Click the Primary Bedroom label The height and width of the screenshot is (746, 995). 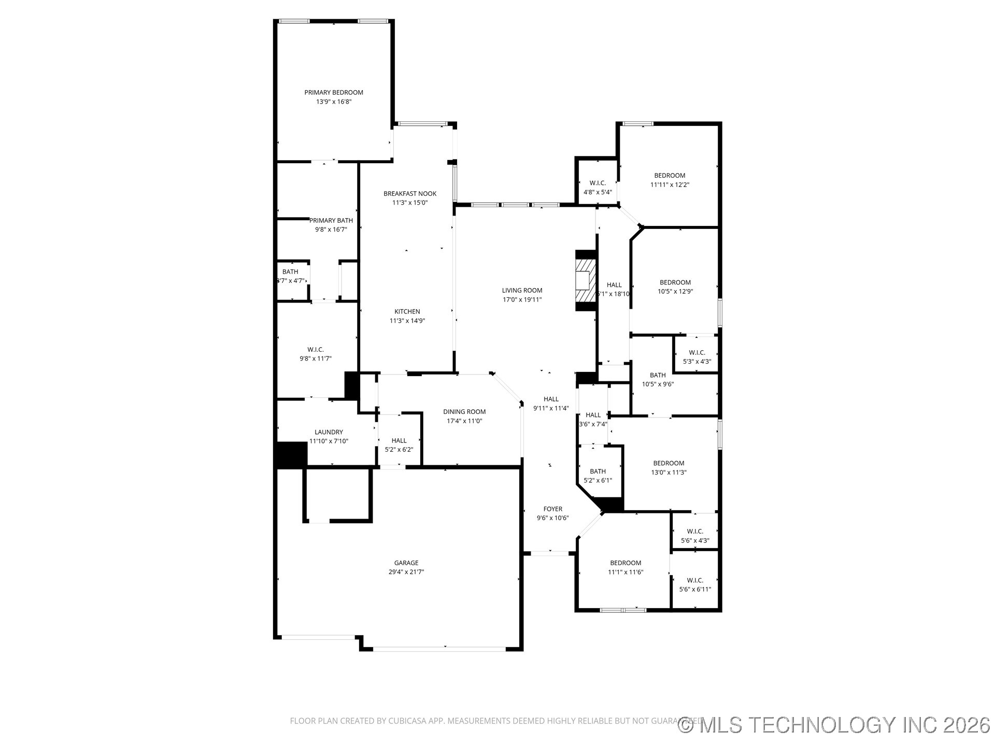334,93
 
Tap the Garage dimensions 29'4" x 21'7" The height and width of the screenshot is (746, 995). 406,572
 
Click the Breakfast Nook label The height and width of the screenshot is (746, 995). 410,194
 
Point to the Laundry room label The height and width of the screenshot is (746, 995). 329,432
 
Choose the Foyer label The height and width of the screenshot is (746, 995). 552,509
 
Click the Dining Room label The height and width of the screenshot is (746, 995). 464,412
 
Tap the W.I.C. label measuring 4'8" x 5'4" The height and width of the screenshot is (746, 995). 598,188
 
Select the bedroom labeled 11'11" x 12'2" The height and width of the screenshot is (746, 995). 670,180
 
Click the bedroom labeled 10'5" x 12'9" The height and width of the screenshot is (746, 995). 675,286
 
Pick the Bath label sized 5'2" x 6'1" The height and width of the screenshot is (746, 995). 598,476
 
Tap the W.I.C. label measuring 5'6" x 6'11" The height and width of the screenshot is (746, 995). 695,585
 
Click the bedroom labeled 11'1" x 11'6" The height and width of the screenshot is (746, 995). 626,567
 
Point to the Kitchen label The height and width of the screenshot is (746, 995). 407,312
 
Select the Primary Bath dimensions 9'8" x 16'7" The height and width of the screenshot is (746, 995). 331,229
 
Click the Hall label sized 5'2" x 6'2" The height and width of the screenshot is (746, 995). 399,445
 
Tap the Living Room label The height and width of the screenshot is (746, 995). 522,291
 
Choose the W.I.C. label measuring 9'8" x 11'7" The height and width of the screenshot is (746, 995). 315,354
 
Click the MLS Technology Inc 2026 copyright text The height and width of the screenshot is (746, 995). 834,725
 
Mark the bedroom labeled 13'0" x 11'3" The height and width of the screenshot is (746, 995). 669,467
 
